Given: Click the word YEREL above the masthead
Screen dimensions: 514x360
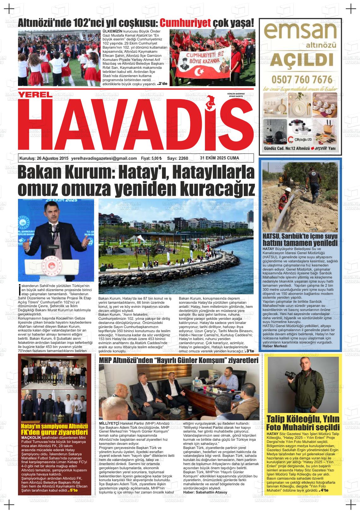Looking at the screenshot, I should tap(34, 94).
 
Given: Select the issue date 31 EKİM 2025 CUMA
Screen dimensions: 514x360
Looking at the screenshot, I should tap(219, 158).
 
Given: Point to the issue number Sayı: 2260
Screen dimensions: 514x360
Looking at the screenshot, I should tap(177, 158).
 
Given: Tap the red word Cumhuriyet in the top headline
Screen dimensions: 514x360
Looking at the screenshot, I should tap(185, 23).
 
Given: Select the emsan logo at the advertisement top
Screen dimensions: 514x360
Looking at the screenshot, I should tap(300, 32).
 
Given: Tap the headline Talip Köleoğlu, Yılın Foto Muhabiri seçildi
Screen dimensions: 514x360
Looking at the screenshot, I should tap(303, 423).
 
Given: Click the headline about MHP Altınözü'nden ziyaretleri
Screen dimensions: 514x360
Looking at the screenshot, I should tap(179, 361).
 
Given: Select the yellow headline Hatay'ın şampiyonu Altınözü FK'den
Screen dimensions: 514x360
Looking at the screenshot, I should tap(54, 429).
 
